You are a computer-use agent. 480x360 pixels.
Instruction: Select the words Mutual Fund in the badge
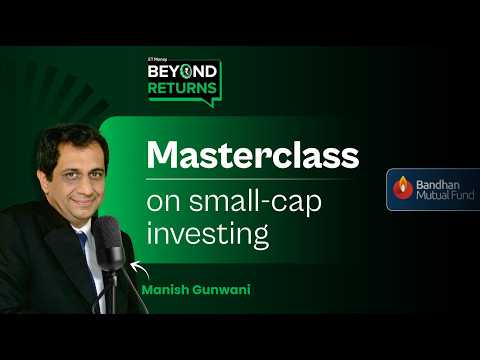pos(441,196)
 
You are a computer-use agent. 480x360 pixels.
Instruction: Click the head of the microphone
pos(107,236)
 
